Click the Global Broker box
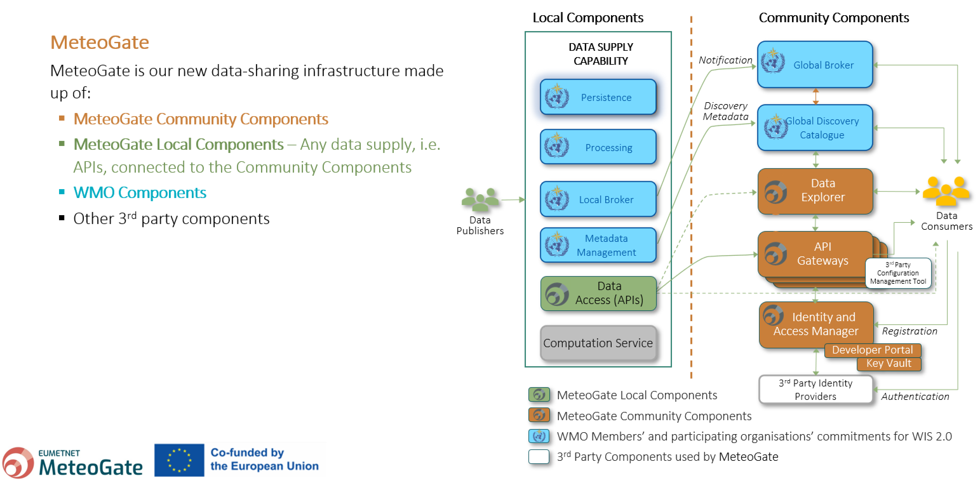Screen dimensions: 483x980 click(x=815, y=65)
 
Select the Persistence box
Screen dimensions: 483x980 click(x=598, y=97)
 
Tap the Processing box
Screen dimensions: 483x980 click(x=598, y=147)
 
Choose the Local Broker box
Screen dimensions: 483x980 click(x=598, y=199)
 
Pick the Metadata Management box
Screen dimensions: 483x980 click(x=598, y=245)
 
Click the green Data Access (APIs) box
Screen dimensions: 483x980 click(x=598, y=293)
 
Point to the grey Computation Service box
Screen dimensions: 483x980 click(x=598, y=343)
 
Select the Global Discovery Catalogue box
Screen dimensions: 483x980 click(x=815, y=128)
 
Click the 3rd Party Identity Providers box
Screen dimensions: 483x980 click(x=815, y=389)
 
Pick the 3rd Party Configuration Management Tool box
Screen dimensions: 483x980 click(x=898, y=273)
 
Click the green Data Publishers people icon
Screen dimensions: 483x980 click(x=480, y=199)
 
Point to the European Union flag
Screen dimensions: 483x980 click(x=179, y=460)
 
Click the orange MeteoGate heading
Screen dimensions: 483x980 click(x=100, y=42)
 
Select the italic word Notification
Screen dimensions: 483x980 click(x=725, y=60)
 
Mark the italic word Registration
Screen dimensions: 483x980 click(x=909, y=331)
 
